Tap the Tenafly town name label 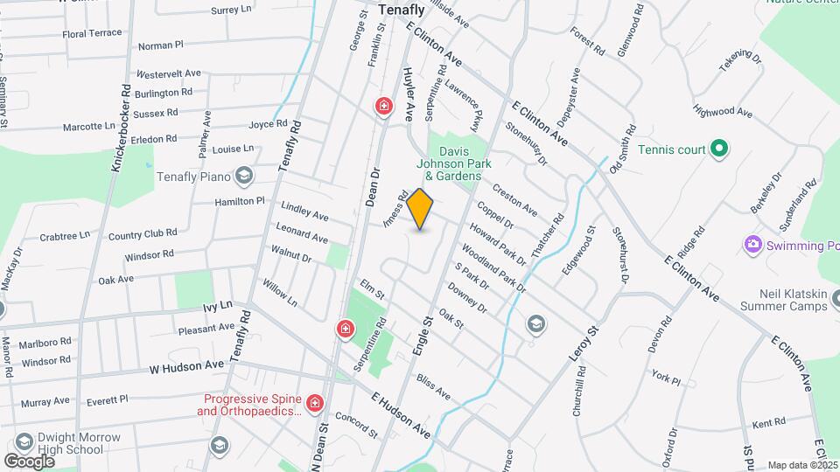coord(402,10)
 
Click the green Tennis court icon coord(718,149)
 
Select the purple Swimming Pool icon coord(752,245)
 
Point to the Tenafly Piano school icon coord(244,177)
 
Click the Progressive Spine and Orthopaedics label coord(251,404)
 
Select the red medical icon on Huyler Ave coord(383,107)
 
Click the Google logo coord(29,461)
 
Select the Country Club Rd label coord(143,234)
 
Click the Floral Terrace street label coord(92,33)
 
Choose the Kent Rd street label coord(768,423)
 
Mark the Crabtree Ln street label coord(65,236)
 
